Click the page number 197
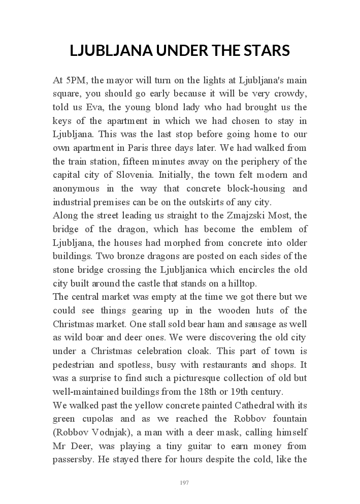tap(184, 483)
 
